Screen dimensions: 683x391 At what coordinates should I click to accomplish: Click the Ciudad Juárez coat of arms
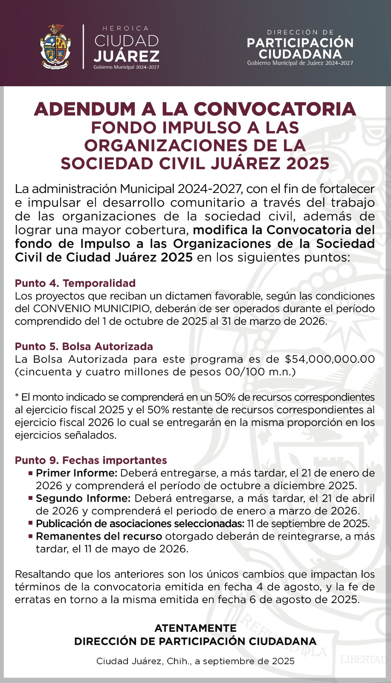click(x=55, y=47)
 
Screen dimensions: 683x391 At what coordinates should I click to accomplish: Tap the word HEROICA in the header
click(x=126, y=29)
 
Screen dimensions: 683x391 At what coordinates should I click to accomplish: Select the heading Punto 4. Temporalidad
click(x=75, y=283)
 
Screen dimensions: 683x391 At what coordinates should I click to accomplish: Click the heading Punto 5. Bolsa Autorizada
click(x=84, y=346)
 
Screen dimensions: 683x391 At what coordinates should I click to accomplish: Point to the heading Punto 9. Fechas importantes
click(x=91, y=460)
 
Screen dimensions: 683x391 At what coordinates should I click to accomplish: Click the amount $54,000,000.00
click(x=330, y=359)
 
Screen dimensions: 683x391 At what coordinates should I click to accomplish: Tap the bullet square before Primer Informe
click(x=31, y=473)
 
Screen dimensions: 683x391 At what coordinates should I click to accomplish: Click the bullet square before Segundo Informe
click(x=31, y=498)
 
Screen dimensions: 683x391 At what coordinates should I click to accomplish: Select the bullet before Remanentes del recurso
click(x=31, y=536)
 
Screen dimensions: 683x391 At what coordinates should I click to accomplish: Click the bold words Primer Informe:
click(x=76, y=473)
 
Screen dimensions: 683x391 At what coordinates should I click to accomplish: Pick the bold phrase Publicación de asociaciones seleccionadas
click(x=140, y=523)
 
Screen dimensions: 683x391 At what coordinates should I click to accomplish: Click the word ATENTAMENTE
click(x=195, y=628)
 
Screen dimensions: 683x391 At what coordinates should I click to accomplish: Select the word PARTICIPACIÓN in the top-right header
click(x=300, y=43)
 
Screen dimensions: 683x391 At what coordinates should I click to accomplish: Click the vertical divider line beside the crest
click(x=83, y=47)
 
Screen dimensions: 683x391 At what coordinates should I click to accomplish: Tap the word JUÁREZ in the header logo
click(x=127, y=56)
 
